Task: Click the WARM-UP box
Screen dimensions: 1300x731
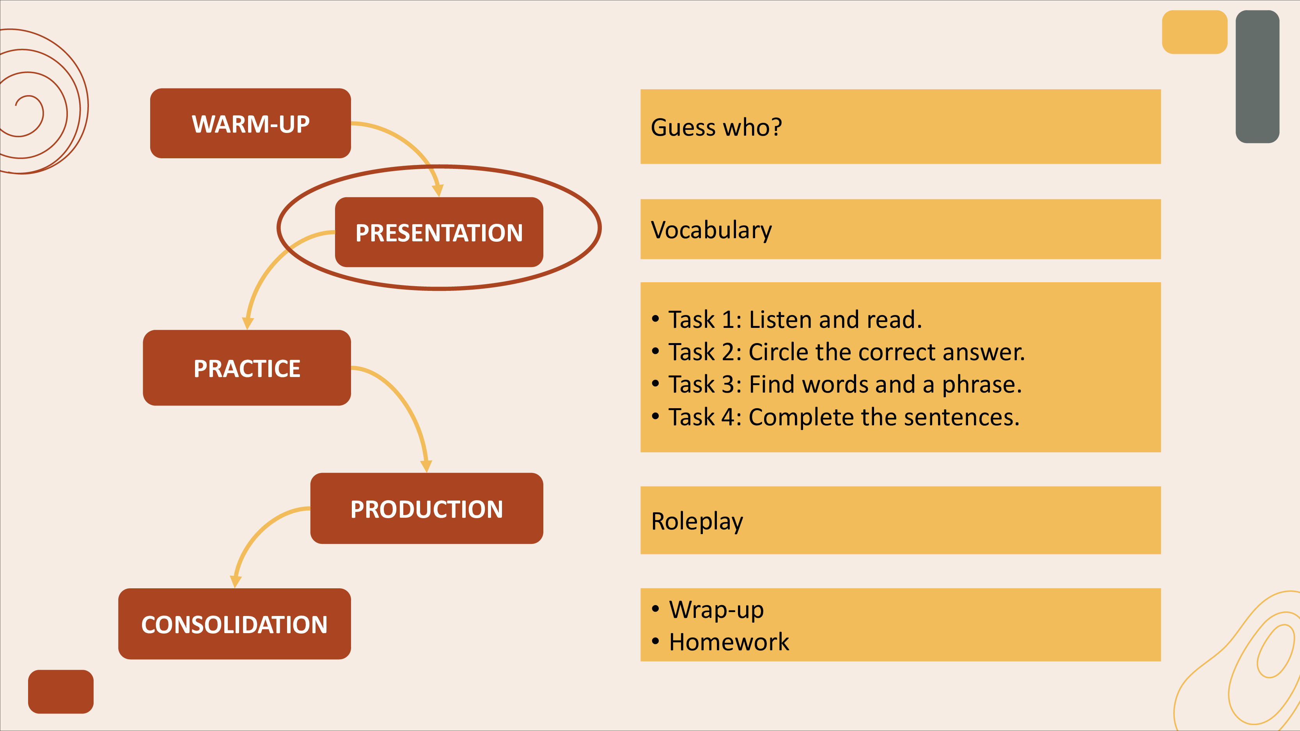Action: pyautogui.click(x=250, y=124)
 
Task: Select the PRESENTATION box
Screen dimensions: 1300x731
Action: pyautogui.click(x=439, y=232)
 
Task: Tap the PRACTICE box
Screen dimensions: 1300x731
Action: pyautogui.click(x=247, y=368)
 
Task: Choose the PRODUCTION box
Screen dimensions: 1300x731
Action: pyautogui.click(x=426, y=508)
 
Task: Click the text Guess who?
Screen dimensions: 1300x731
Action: pyautogui.click(x=716, y=127)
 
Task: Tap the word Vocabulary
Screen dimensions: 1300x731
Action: pyautogui.click(x=711, y=230)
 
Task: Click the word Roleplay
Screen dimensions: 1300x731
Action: pyautogui.click(x=697, y=521)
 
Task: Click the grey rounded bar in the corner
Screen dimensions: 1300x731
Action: pyautogui.click(x=1257, y=77)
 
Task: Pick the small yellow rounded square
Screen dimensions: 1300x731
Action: pyautogui.click(x=1195, y=32)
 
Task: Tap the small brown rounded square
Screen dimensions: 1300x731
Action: pyautogui.click(x=60, y=692)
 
